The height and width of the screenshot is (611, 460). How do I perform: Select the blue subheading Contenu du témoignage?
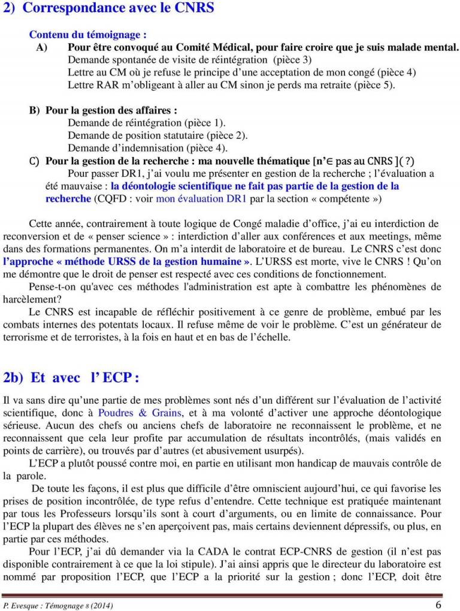click(x=88, y=35)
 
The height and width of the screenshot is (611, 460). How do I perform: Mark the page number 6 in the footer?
click(x=439, y=604)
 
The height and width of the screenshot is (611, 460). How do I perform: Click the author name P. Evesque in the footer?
click(x=23, y=605)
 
